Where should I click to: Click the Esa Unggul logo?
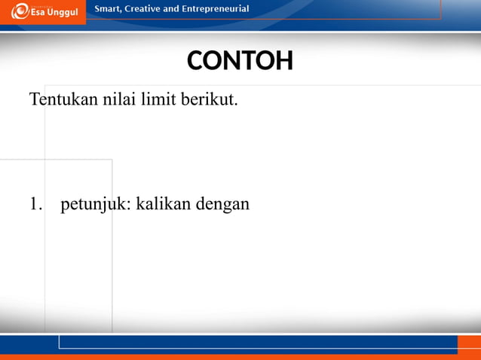click(43, 12)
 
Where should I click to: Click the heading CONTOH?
click(240, 61)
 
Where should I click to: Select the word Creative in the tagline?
click(149, 9)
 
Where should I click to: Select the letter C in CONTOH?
click(195, 61)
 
